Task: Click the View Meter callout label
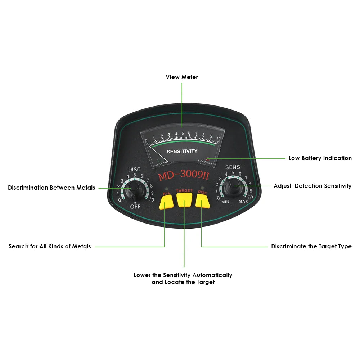click(x=182, y=77)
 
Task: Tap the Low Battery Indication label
click(x=320, y=158)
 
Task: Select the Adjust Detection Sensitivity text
click(x=312, y=186)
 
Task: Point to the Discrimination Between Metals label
click(x=51, y=188)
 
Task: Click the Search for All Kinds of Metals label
click(x=50, y=246)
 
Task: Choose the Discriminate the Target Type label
click(x=311, y=246)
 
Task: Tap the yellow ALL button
click(x=166, y=203)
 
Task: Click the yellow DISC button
click(x=203, y=202)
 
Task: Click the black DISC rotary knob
click(x=134, y=188)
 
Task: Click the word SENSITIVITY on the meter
click(x=182, y=151)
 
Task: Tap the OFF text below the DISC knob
click(x=135, y=207)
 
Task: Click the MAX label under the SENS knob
click(x=243, y=202)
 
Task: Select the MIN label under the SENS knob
click(x=225, y=202)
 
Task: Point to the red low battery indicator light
click(x=208, y=158)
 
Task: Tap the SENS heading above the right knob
click(x=233, y=167)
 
